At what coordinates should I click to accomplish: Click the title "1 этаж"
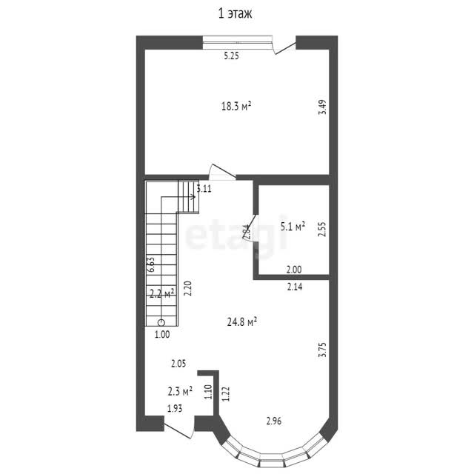235,14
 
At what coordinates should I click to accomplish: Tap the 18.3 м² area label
236,106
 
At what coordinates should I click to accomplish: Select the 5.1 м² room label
293,226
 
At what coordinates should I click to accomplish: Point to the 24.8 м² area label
242,322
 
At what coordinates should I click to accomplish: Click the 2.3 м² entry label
180,392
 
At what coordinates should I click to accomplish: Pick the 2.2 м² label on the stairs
162,293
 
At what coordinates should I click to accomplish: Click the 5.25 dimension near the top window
231,56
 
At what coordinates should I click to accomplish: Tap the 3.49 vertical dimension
323,107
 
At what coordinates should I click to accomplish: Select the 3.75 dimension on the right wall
323,350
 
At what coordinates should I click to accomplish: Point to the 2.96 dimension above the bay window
274,421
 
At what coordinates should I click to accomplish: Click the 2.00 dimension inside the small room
294,270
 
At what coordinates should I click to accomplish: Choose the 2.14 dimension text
295,287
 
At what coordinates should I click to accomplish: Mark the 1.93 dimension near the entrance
175,408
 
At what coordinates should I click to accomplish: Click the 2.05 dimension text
178,364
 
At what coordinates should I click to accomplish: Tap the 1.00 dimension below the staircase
162,335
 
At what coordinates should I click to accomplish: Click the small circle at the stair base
161,323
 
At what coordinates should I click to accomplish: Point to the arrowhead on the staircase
193,197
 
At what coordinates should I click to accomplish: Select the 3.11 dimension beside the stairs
204,189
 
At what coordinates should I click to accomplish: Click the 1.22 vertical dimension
226,394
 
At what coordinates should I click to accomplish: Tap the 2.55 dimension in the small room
323,230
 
